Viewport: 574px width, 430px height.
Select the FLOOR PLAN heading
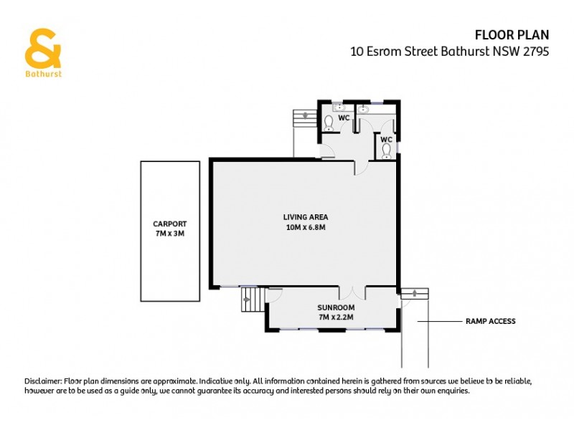click(x=512, y=35)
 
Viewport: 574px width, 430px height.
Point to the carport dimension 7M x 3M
click(x=170, y=234)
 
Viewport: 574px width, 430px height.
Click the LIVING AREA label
click(x=305, y=216)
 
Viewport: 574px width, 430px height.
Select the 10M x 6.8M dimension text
click(x=305, y=227)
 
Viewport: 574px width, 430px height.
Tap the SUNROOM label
click(x=337, y=307)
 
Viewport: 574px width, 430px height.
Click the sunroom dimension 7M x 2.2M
click(x=337, y=316)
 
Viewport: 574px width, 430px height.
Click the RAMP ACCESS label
click(x=491, y=322)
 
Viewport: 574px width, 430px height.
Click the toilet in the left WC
click(x=328, y=123)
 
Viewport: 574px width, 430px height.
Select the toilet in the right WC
click(x=386, y=150)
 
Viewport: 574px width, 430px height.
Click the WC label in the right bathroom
click(x=386, y=139)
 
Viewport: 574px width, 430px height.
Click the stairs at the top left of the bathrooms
click(x=304, y=118)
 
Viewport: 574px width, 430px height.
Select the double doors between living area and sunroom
click(x=352, y=293)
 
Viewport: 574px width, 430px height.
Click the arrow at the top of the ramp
click(x=414, y=292)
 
